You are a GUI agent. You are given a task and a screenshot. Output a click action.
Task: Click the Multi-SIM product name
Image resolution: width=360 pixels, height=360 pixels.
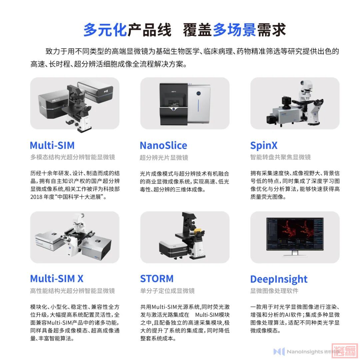click(x=52, y=145)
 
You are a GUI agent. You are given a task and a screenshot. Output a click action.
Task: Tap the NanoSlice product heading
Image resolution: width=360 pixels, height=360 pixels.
click(x=163, y=145)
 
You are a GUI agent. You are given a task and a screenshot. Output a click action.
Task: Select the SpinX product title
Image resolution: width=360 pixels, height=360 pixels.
click(x=264, y=146)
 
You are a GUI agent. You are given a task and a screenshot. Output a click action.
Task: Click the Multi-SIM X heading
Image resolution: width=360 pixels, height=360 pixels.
click(x=57, y=278)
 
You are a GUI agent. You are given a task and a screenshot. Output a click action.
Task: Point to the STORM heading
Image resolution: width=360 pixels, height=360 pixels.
click(x=157, y=278)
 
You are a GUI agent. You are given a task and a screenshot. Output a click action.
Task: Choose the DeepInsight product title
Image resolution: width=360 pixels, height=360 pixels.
click(x=279, y=279)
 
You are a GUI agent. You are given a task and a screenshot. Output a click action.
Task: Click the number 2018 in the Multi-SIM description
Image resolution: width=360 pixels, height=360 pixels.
click(x=36, y=197)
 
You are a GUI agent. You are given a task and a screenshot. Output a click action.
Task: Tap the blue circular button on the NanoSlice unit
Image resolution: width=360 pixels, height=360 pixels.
click(x=198, y=93)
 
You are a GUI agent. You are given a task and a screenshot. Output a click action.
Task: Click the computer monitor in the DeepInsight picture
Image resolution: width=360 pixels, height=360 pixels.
click(x=295, y=234)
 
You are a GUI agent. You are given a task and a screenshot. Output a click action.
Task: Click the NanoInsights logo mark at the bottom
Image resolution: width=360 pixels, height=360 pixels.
click(x=279, y=351)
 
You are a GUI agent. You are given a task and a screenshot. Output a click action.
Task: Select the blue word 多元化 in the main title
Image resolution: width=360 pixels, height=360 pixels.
click(x=105, y=30)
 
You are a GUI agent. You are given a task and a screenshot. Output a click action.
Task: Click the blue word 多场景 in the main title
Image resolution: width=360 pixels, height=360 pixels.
click(x=234, y=30)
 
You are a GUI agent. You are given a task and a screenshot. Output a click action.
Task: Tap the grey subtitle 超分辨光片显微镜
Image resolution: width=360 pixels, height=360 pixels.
click(x=164, y=157)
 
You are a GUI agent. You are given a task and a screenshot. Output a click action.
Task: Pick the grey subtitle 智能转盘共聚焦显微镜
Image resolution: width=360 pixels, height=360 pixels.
click(x=280, y=157)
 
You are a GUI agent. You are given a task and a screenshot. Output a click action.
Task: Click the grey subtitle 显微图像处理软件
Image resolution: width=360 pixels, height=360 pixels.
click(x=274, y=291)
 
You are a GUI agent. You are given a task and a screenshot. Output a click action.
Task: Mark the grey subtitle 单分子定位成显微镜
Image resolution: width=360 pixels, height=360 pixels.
click(x=167, y=291)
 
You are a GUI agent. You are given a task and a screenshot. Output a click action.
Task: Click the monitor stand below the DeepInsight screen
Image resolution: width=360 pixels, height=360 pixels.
click(x=295, y=253)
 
